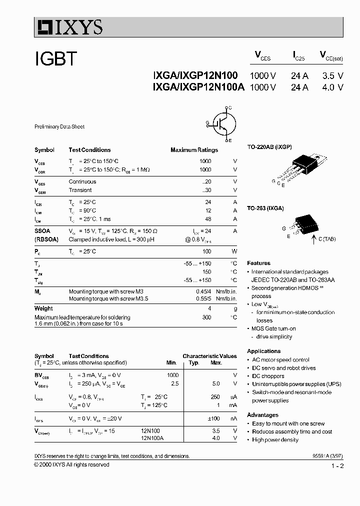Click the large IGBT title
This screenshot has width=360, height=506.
(x=56, y=59)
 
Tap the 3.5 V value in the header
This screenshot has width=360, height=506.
(x=332, y=75)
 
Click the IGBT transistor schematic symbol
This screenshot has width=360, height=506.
(x=220, y=123)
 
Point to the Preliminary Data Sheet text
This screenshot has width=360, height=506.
(x=59, y=127)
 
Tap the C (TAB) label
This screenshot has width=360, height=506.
(x=327, y=239)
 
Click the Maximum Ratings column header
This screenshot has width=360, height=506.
(x=194, y=150)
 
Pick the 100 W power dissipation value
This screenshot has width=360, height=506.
(x=206, y=251)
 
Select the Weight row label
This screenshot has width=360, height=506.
(x=43, y=308)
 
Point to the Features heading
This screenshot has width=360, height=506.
(x=258, y=263)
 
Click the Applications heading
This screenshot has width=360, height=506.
(x=263, y=351)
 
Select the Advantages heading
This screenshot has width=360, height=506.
(x=262, y=415)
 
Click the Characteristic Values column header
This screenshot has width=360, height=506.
(x=209, y=356)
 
